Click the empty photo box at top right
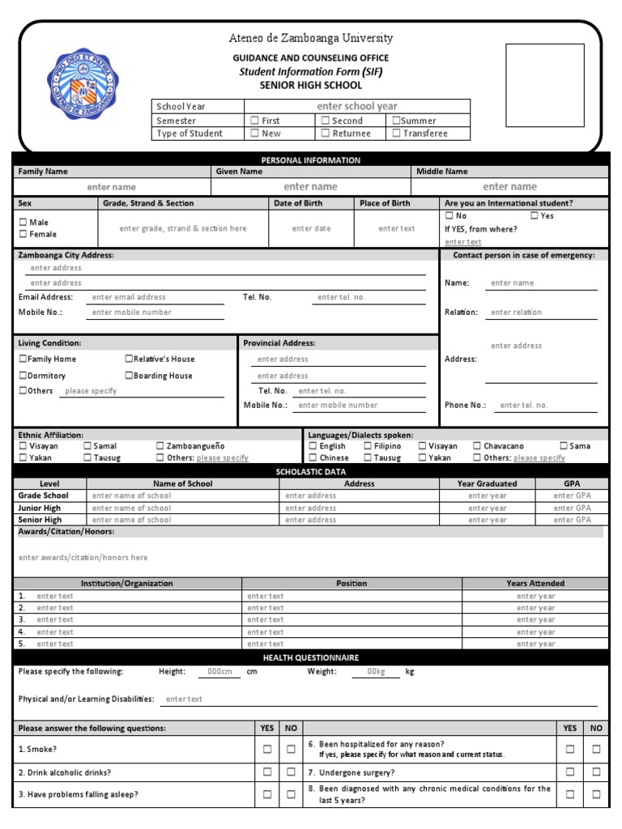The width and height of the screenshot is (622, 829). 544,85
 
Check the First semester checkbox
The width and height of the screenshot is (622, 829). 254,121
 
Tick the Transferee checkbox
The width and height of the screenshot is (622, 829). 396,134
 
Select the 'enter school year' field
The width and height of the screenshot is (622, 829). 356,106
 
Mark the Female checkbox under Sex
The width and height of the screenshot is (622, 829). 23,235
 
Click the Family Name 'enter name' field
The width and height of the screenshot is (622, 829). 112,187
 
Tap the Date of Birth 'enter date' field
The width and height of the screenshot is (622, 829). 311,229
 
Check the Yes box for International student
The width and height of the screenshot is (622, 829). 535,216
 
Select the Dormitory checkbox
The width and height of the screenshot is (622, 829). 23,376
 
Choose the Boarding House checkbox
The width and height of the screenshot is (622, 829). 129,376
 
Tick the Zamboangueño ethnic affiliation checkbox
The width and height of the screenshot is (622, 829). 160,446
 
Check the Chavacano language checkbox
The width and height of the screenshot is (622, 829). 477,446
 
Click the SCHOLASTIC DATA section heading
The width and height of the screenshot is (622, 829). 311,471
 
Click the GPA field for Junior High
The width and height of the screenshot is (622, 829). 572,508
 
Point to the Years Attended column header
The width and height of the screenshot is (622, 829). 535,584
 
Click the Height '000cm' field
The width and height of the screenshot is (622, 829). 219,672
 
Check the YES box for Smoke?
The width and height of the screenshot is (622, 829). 267,750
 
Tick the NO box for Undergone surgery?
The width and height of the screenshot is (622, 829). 596,772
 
